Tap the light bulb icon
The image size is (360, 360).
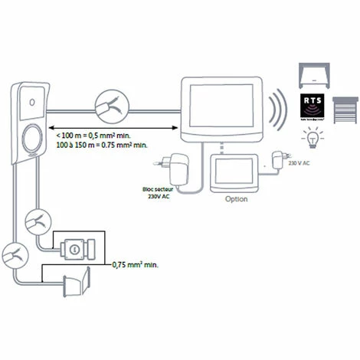(312, 139)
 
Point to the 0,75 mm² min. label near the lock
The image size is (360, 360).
(137, 264)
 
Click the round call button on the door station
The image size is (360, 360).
(34, 139)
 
